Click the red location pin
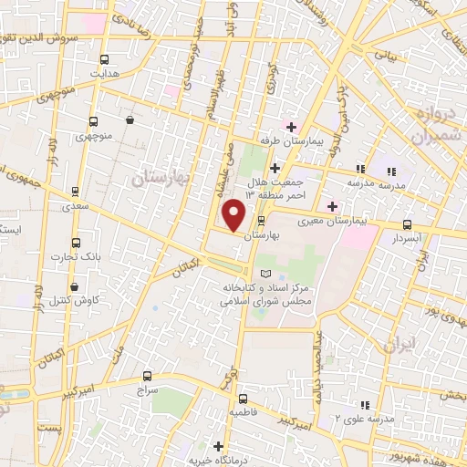[x=234, y=214]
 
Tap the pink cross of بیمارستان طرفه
[x=291, y=126]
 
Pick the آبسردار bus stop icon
[x=407, y=224]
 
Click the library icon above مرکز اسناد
[x=265, y=274]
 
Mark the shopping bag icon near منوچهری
[x=130, y=119]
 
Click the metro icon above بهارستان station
[x=262, y=221]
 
